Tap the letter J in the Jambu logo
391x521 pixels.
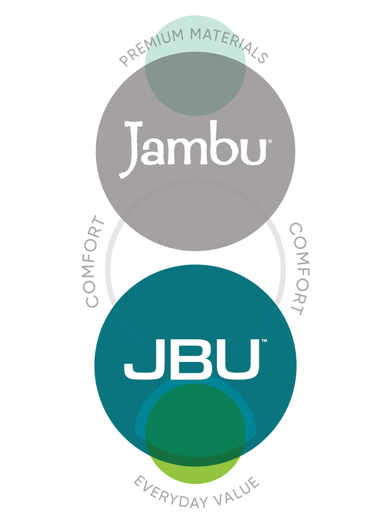[x=131, y=149]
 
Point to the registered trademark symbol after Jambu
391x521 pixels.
[x=270, y=141]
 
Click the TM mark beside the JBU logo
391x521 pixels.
[x=264, y=341]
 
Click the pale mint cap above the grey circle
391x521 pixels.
[x=195, y=33]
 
